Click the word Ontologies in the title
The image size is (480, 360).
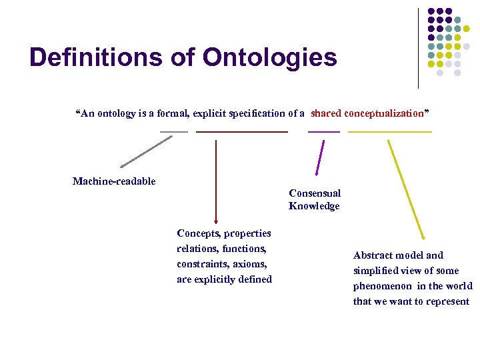click(x=269, y=57)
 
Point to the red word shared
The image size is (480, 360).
click(x=325, y=113)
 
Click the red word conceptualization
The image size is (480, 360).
click(x=384, y=113)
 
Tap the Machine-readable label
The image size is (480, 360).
click(x=114, y=181)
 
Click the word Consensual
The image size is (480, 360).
click(x=315, y=193)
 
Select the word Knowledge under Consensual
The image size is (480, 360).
click(x=314, y=206)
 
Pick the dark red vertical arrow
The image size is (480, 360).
click(x=216, y=180)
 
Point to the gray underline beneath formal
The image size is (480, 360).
click(x=174, y=132)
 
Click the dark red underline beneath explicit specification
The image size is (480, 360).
click(x=242, y=132)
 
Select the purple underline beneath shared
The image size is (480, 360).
click(x=324, y=132)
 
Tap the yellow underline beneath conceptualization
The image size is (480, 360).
click(x=390, y=132)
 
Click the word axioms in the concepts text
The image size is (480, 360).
click(x=250, y=264)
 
